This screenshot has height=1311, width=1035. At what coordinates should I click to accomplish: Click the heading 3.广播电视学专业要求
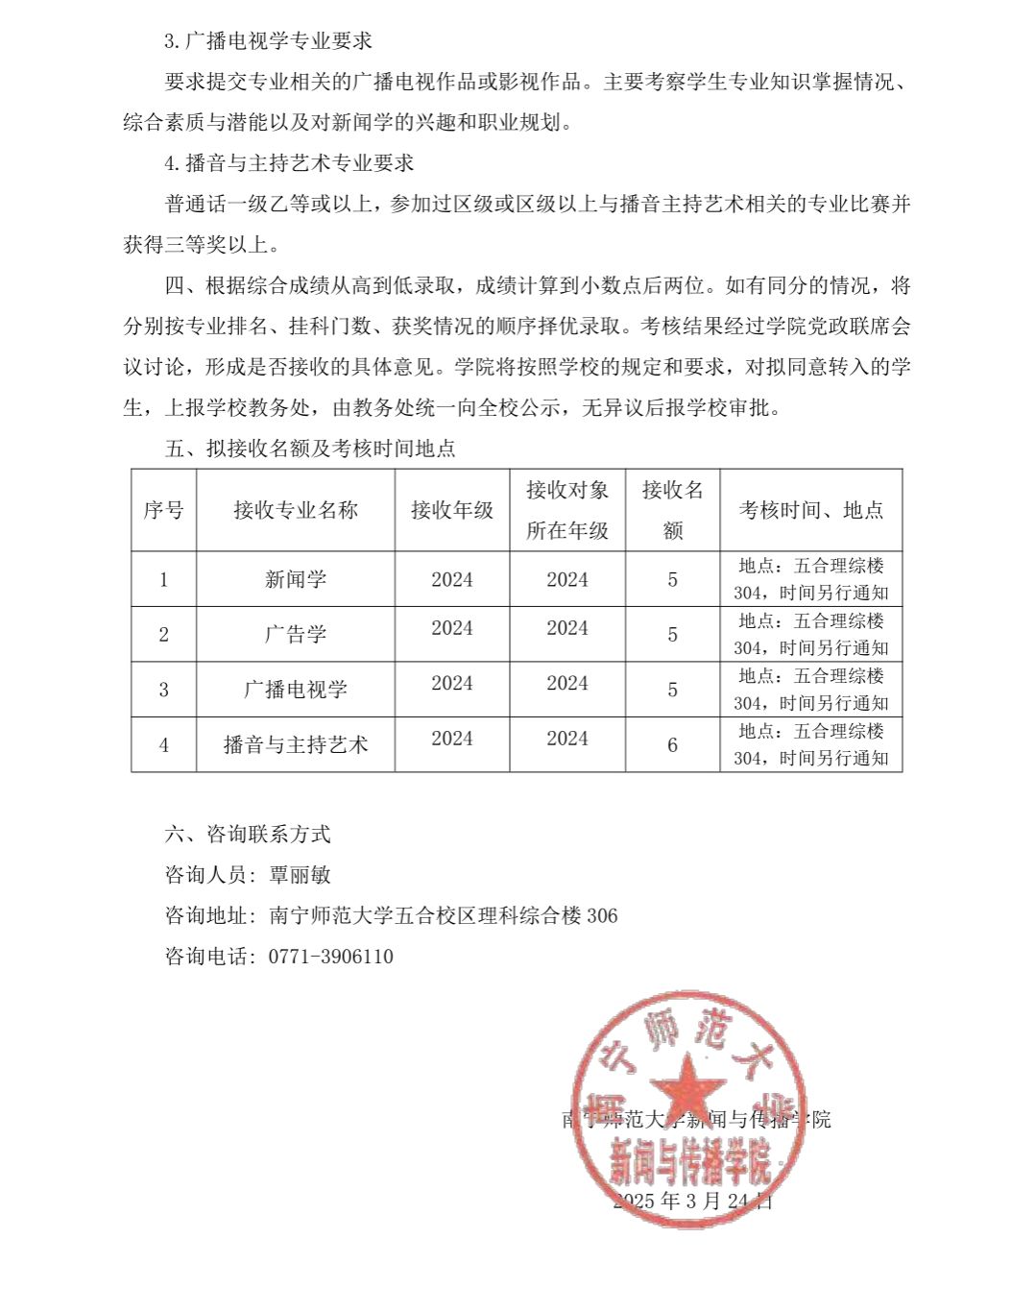(x=268, y=41)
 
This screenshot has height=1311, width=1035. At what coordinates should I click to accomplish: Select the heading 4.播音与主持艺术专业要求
(x=289, y=163)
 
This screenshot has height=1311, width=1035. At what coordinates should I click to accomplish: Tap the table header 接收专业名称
(x=296, y=510)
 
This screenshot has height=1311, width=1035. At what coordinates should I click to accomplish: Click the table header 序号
(x=163, y=510)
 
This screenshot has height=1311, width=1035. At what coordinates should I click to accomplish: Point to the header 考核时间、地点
(x=810, y=510)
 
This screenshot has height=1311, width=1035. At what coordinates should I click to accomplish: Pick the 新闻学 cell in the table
(x=296, y=579)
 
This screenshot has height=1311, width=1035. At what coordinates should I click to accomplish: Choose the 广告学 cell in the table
(x=296, y=634)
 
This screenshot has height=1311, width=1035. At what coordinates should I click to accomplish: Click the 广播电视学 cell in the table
(x=296, y=690)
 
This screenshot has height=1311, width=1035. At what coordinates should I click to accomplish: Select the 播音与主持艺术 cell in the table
(x=296, y=744)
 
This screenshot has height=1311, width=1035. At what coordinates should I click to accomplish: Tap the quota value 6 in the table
(x=672, y=744)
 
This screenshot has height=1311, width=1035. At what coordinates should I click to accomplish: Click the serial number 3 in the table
(x=163, y=690)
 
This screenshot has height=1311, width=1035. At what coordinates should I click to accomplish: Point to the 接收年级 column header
(x=452, y=510)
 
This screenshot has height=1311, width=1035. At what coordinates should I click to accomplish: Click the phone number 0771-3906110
(x=331, y=957)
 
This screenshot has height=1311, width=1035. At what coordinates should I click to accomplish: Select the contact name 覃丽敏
(x=301, y=875)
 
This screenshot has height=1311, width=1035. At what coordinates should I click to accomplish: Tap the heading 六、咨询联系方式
(x=248, y=834)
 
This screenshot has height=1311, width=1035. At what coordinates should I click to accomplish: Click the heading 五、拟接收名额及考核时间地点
(x=310, y=449)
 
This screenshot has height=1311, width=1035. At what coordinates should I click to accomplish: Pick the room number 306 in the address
(x=602, y=915)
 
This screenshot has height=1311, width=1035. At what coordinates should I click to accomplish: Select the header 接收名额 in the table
(x=672, y=510)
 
